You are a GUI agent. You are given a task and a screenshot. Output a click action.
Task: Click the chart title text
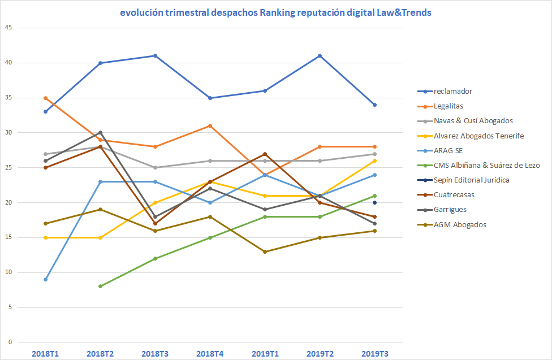click(x=275, y=12)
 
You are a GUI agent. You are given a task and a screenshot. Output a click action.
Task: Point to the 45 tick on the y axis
click(x=8, y=28)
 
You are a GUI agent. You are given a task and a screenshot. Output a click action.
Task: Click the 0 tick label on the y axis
click(x=10, y=342)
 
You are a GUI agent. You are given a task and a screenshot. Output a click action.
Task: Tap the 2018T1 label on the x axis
click(x=45, y=354)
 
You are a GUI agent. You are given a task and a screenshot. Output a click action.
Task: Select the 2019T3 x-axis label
click(x=374, y=354)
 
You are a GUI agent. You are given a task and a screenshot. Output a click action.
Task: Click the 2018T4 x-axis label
click(x=210, y=354)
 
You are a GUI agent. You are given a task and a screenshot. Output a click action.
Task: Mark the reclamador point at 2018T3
click(x=155, y=55)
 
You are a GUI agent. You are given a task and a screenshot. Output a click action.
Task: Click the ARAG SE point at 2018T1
click(x=45, y=279)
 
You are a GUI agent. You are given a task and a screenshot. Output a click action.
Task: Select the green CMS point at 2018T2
click(x=100, y=287)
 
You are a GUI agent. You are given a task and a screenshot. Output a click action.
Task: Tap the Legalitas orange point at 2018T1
click(x=45, y=98)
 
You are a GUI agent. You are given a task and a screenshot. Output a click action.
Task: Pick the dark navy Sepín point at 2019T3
click(x=374, y=203)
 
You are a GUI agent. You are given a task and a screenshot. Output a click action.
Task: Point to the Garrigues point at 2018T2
click(x=100, y=133)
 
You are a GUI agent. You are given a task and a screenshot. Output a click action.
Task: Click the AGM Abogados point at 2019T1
click(x=265, y=251)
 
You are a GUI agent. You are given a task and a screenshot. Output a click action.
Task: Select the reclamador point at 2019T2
click(x=320, y=55)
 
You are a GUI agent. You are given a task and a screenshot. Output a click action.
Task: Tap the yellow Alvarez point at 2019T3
click(x=374, y=161)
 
